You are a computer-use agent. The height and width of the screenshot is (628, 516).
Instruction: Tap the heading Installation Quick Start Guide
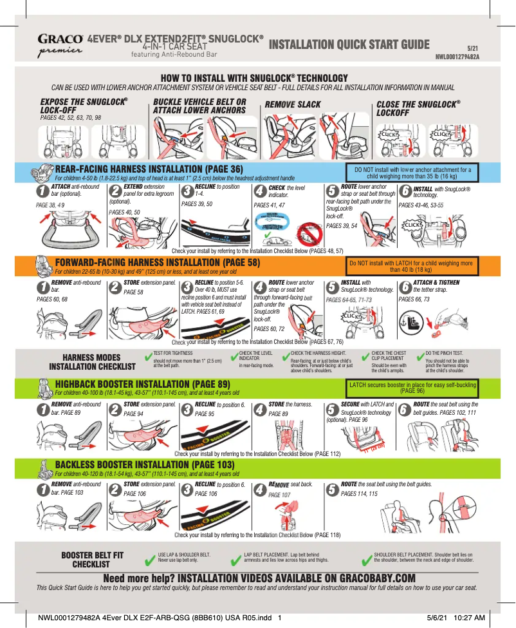click(x=349, y=44)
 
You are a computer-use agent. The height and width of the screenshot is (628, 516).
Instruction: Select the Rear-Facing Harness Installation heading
click(x=149, y=170)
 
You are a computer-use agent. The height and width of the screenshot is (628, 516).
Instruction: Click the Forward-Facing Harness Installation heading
click(x=158, y=263)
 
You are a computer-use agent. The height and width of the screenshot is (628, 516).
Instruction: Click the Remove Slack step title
click(x=293, y=104)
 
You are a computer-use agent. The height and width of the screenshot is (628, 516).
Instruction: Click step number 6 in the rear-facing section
click(x=405, y=191)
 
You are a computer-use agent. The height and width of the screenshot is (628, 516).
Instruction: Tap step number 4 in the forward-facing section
click(x=260, y=285)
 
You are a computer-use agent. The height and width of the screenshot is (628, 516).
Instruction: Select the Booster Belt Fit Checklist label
click(x=92, y=558)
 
